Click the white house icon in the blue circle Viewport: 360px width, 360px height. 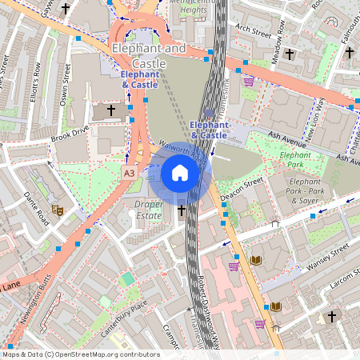(180, 173)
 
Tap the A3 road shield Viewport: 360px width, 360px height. (130, 172)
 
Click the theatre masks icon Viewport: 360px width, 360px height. (58, 210)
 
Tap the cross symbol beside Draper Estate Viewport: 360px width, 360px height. (182, 211)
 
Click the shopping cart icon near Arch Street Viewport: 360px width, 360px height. (249, 81)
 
